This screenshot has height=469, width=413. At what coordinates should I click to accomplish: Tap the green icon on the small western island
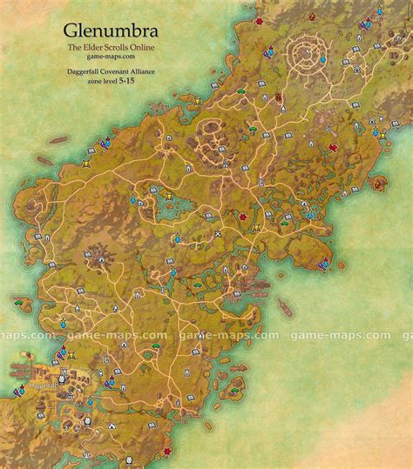point(19,300)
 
